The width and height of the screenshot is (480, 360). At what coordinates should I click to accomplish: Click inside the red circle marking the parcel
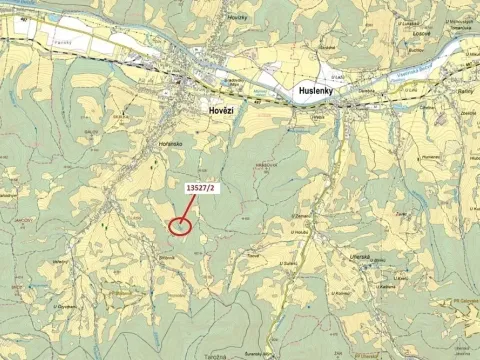click(x=180, y=226)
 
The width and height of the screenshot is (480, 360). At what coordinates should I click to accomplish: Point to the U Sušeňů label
click(x=316, y=267)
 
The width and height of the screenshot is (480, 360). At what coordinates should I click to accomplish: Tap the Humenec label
click(x=403, y=157)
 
